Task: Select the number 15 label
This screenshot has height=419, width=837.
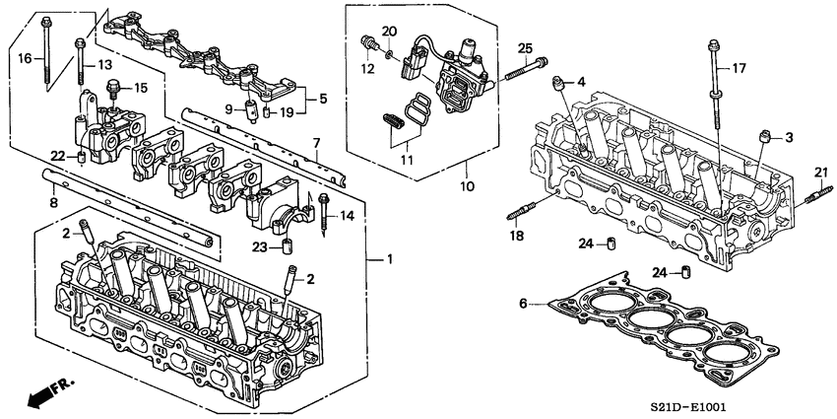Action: point(141,89)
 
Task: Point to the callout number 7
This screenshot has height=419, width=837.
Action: point(316,144)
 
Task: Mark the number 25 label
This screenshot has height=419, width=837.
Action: point(525,48)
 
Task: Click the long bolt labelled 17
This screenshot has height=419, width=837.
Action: point(711,89)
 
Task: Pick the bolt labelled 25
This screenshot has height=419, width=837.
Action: point(527,69)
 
